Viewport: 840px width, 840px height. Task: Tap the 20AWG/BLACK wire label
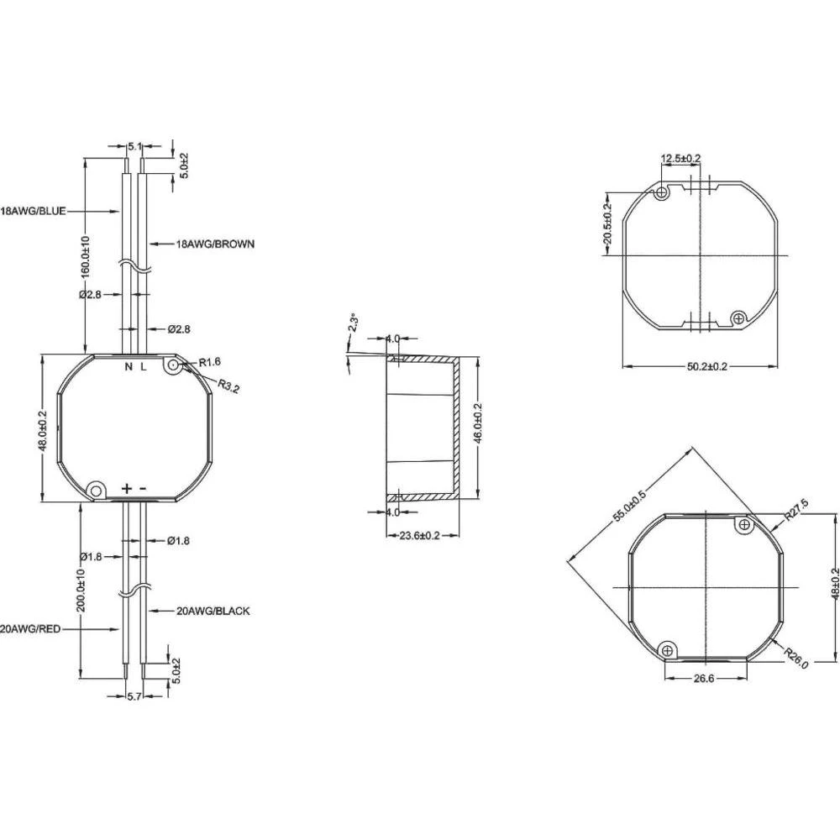pyautogui.click(x=213, y=612)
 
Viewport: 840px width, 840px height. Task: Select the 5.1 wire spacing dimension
pyautogui.click(x=134, y=146)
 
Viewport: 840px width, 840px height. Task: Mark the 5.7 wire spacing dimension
pyautogui.click(x=134, y=696)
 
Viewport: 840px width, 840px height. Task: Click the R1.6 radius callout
pyautogui.click(x=210, y=362)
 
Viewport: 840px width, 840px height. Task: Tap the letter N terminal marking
pyautogui.click(x=129, y=367)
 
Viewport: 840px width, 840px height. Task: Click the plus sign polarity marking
pyautogui.click(x=126, y=488)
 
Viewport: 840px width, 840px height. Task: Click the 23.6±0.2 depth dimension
pyautogui.click(x=422, y=535)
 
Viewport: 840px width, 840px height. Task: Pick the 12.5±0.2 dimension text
pyautogui.click(x=680, y=158)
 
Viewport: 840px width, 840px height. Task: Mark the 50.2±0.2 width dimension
pyautogui.click(x=696, y=366)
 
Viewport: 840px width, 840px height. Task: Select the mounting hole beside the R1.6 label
pyautogui.click(x=173, y=365)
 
